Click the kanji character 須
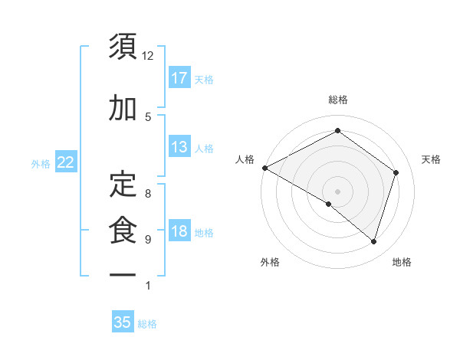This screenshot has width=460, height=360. coord(123,47)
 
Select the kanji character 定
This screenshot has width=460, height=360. coord(123,182)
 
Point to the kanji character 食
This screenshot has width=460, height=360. coord(123,231)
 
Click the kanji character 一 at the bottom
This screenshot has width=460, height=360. coord(123,274)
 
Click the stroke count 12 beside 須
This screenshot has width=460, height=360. coord(148,56)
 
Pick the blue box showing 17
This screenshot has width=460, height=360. coord(179,77)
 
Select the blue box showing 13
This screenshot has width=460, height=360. coord(179,147)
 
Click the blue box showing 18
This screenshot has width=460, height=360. coord(179,232)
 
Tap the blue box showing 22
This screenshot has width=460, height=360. coord(65,162)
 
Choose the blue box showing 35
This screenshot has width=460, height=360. coord(123,322)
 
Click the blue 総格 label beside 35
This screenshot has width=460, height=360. coord(148,324)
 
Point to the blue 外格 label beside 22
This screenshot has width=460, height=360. coord(41,163)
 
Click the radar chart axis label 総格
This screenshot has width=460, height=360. coord(337,100)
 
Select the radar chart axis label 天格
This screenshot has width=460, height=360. coord(431,159)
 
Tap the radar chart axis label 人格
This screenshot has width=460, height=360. coord(245,159)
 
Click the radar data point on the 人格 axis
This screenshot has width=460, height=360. coord(264,168)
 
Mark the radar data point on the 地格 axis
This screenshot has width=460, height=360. coord(373,241)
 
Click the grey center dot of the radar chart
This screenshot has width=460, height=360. coord(337,191)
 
